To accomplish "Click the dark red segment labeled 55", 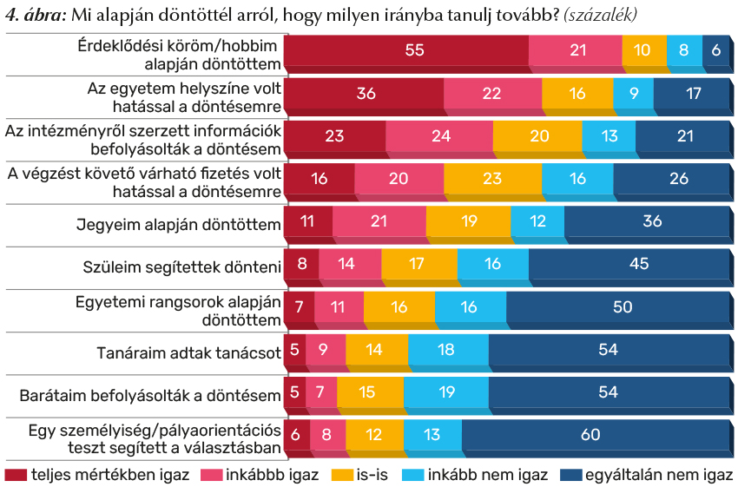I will point(406,50).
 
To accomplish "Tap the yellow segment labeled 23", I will point(492,179).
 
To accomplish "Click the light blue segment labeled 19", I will point(445,392).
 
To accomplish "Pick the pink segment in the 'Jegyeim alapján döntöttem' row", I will point(379,221).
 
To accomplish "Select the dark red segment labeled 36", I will point(364,94).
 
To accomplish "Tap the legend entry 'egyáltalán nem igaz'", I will point(659,475).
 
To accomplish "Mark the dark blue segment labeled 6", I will point(715,50).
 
